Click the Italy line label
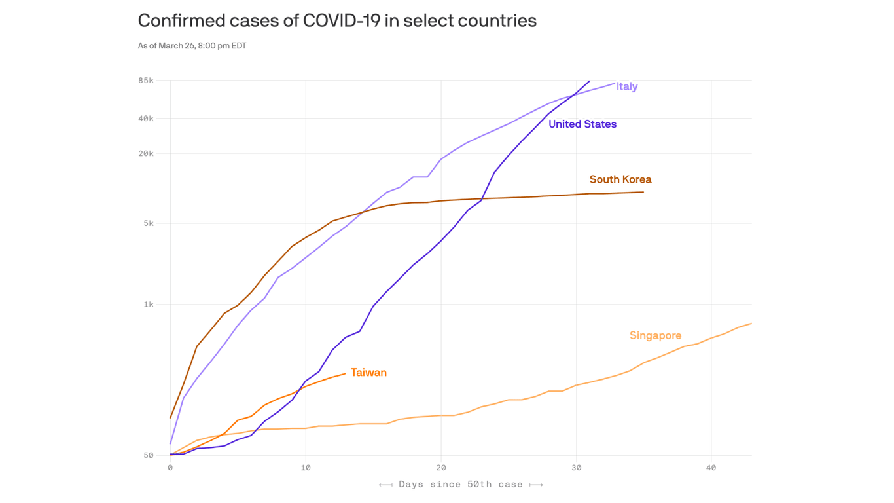click(x=626, y=86)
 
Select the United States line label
click(x=582, y=124)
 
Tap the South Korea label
click(x=620, y=179)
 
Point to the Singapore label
click(x=655, y=335)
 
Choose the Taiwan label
click(x=368, y=373)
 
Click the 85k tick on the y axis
click(x=145, y=81)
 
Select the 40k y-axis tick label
click(x=145, y=119)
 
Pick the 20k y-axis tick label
click(x=145, y=153)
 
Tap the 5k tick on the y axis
click(x=148, y=223)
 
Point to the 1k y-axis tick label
click(x=148, y=305)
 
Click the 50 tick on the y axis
click(x=148, y=456)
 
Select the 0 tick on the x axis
click(x=170, y=468)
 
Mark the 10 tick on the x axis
click(x=306, y=468)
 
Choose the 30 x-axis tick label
click(x=576, y=468)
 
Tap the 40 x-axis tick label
click(x=711, y=468)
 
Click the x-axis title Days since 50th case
click(x=461, y=485)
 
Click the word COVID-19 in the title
click(x=341, y=21)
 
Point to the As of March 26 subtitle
click(x=192, y=46)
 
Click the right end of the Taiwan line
click(x=345, y=374)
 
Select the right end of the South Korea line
click(x=643, y=192)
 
